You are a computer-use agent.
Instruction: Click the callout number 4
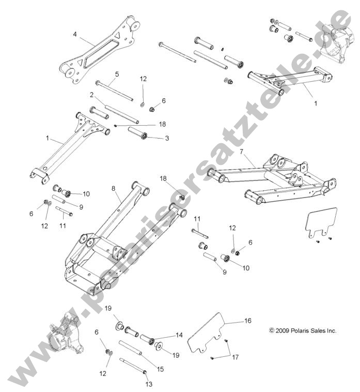[75, 35]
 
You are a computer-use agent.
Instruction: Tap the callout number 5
[117, 74]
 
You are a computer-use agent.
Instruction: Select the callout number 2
[91, 95]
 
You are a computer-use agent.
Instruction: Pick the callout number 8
[114, 189]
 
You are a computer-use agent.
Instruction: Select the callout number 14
[179, 335]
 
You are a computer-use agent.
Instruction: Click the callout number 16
[247, 321]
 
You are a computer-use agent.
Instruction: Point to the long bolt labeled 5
[114, 91]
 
